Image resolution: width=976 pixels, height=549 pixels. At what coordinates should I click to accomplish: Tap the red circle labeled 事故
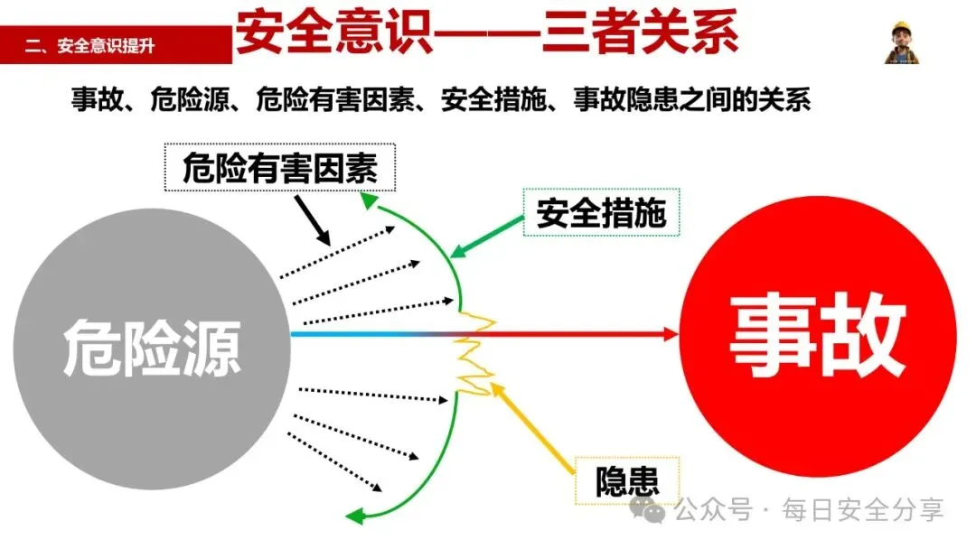click(x=818, y=339)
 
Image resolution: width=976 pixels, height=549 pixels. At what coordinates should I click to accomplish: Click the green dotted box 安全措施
click(x=601, y=213)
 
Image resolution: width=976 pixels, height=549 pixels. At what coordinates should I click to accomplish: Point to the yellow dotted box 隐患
click(x=625, y=481)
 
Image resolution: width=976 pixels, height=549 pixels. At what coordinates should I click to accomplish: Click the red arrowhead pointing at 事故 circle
click(x=670, y=334)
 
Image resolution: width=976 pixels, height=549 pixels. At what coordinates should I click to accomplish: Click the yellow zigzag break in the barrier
click(x=474, y=352)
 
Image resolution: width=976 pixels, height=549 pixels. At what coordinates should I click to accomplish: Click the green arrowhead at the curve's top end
click(x=368, y=198)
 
